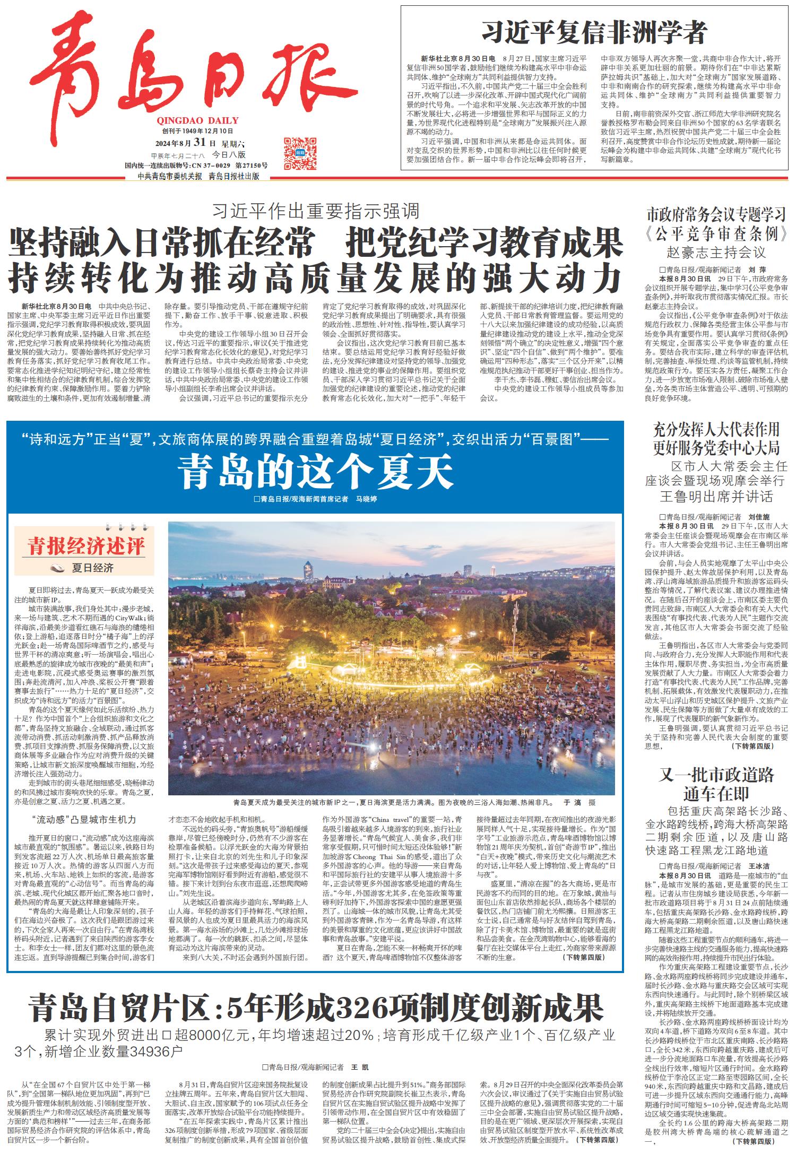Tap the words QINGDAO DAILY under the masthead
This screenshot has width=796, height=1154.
click(197, 120)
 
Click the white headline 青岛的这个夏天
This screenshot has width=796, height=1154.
click(315, 472)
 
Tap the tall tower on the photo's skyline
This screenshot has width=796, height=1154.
click(308, 571)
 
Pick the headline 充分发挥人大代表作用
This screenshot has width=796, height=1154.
click(716, 429)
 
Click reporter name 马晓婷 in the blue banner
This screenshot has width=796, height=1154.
click(366, 499)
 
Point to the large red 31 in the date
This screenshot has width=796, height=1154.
click(200, 142)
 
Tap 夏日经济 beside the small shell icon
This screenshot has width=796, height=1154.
click(93, 568)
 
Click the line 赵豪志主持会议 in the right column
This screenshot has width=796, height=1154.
click(716, 251)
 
